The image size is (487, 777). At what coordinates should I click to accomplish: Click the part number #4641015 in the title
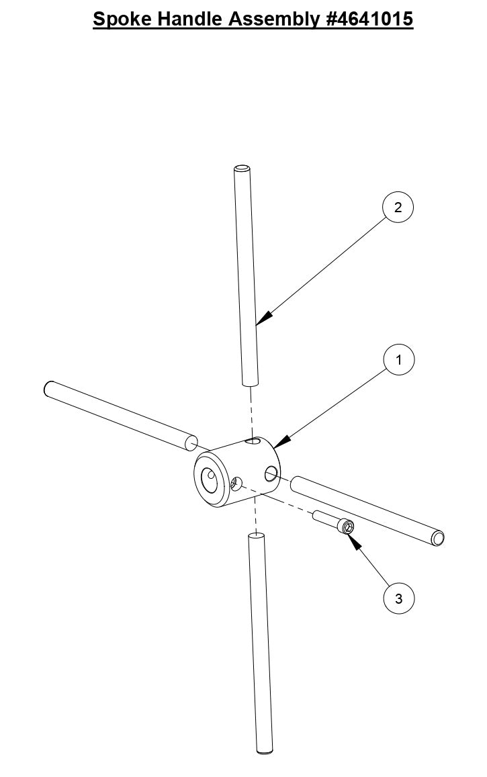370,19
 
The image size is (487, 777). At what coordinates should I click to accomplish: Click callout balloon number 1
398,360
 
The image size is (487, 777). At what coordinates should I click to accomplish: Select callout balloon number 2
398,208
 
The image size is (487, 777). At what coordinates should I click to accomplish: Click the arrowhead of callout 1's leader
282,441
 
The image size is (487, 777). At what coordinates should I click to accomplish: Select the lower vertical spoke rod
261,645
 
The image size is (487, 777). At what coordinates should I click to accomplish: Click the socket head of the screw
347,527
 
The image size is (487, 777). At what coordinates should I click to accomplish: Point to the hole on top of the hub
253,441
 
